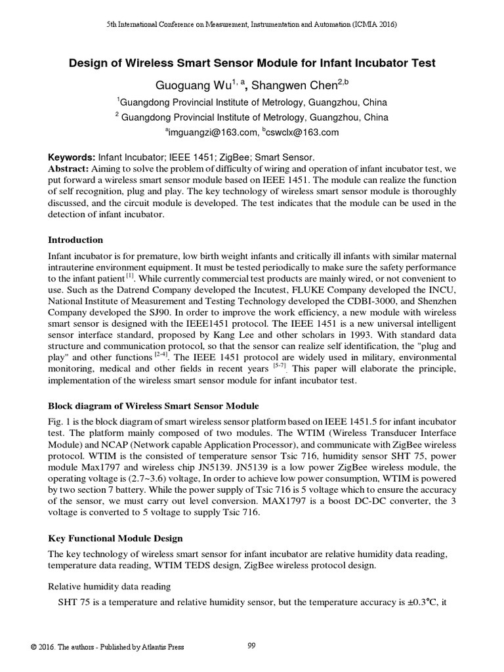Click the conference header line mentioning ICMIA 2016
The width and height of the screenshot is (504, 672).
pyautogui.click(x=252, y=24)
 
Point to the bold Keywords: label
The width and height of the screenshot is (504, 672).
pyautogui.click(x=72, y=157)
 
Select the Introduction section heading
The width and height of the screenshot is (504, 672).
pyautogui.click(x=75, y=240)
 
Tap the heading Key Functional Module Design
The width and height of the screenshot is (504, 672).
pyautogui.click(x=115, y=539)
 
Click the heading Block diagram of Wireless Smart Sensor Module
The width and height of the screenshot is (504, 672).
pyautogui.click(x=154, y=406)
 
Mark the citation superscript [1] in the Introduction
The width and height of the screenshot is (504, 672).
pyautogui.click(x=130, y=276)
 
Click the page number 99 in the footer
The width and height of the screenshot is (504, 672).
pyautogui.click(x=251, y=646)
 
